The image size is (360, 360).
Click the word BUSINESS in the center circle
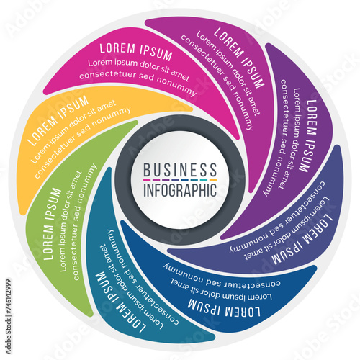click(x=180, y=169)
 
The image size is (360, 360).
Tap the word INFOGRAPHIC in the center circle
click(x=180, y=190)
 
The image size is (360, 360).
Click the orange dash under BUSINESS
click(x=213, y=180)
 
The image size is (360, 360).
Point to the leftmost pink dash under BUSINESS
click(x=147, y=180)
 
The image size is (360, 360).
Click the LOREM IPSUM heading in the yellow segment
click(x=58, y=120)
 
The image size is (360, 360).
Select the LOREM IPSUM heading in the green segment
click(x=52, y=224)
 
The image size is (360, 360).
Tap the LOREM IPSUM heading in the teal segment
click(x=120, y=302)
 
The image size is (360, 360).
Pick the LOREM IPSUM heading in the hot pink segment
click(x=136, y=51)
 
